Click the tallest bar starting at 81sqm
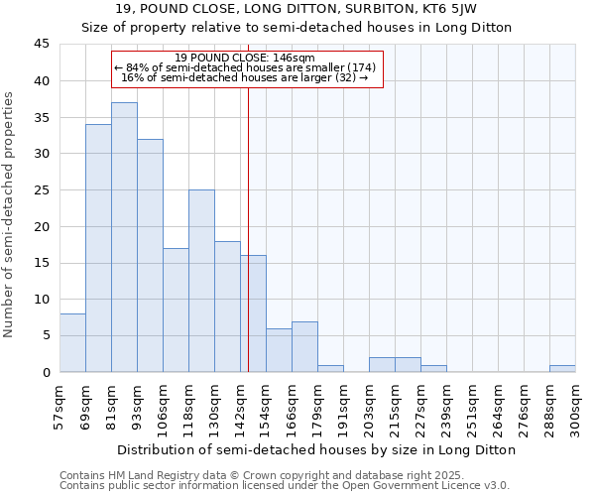click(x=124, y=237)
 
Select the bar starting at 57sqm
click(x=72, y=342)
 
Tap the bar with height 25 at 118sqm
click(x=201, y=281)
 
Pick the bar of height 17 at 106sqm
click(x=176, y=310)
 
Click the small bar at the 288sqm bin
click(x=562, y=368)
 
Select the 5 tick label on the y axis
click(x=46, y=335)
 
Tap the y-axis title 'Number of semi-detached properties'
click(x=10, y=214)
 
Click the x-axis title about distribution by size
click(x=317, y=449)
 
